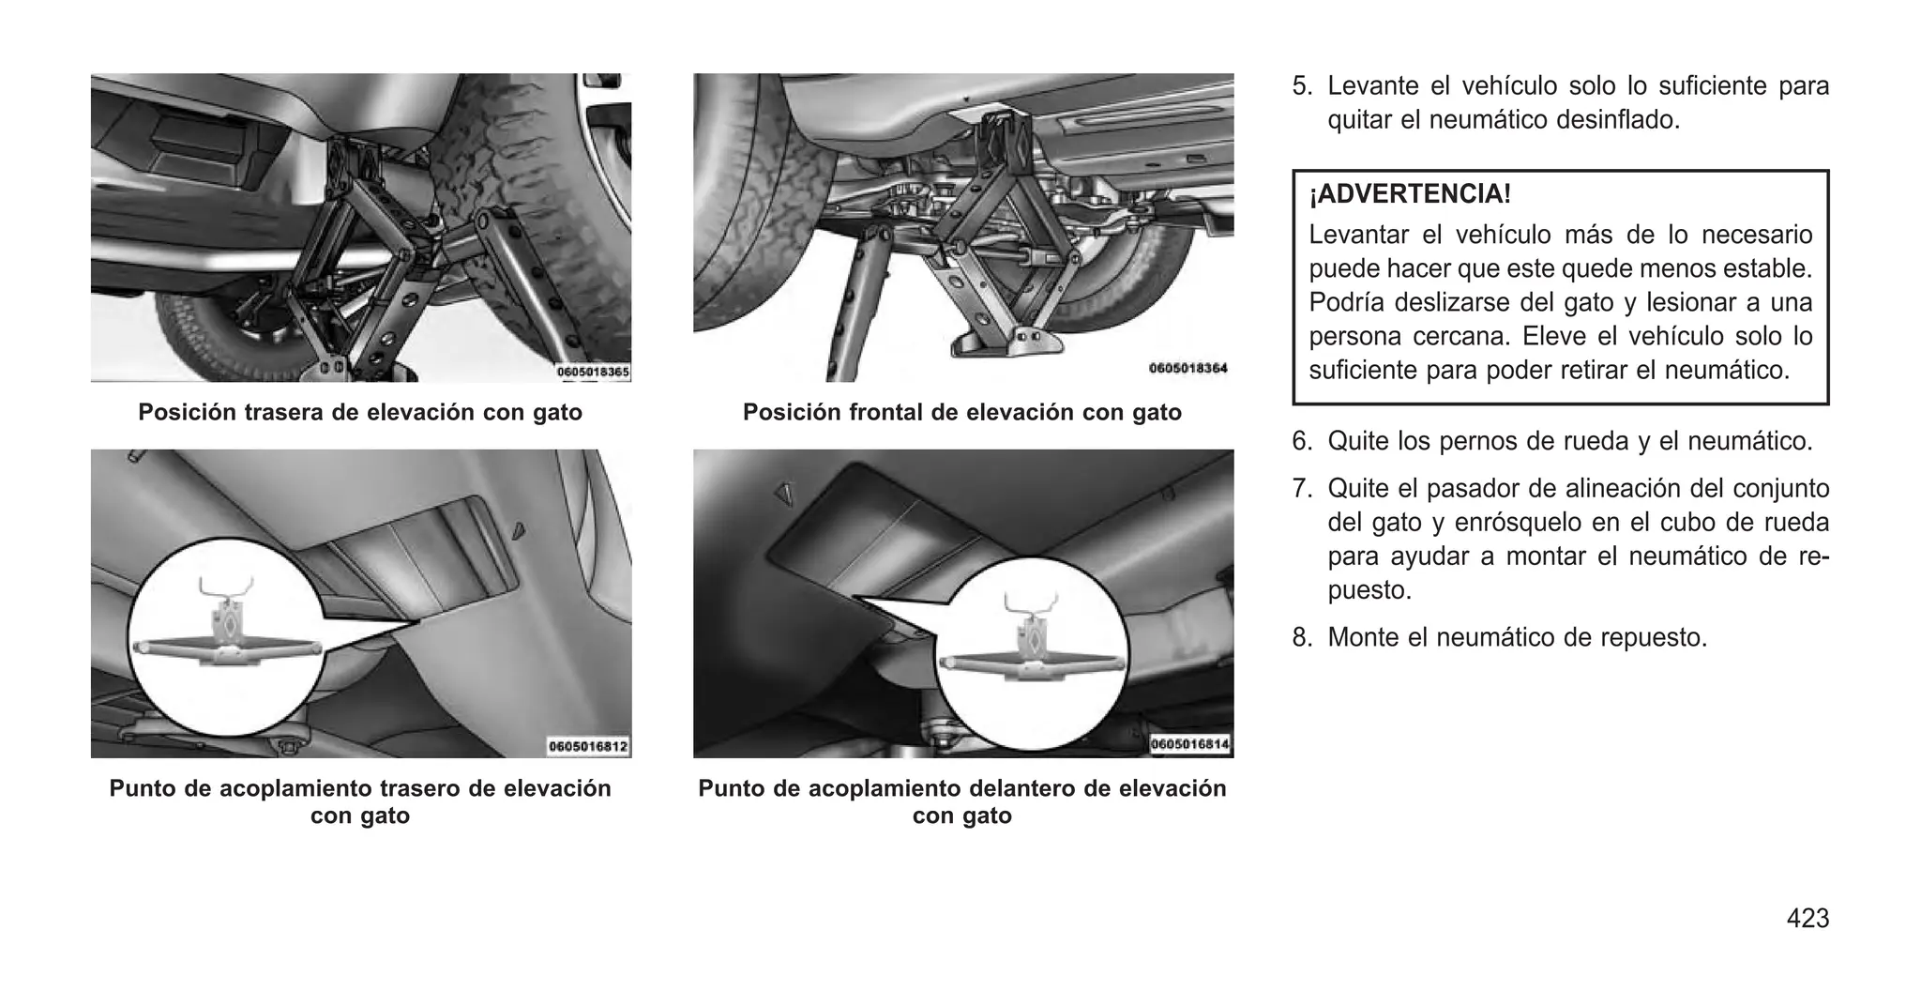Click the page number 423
click(1808, 919)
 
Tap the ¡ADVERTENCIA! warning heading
click(1410, 194)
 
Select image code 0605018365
click(593, 373)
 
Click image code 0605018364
click(1187, 368)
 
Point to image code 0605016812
click(588, 747)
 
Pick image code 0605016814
click(1190, 744)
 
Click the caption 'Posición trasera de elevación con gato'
click(360, 412)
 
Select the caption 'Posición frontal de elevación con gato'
click(961, 412)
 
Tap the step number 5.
click(1302, 86)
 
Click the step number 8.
click(1302, 638)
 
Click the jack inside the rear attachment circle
click(229, 633)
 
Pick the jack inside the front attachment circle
click(1031, 648)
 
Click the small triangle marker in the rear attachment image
click(518, 531)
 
